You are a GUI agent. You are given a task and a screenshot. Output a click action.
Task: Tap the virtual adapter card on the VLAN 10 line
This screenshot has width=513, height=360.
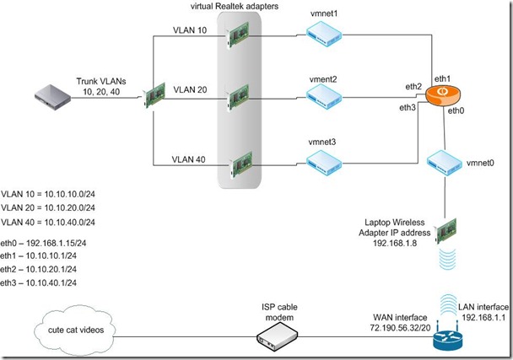[x=240, y=35]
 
